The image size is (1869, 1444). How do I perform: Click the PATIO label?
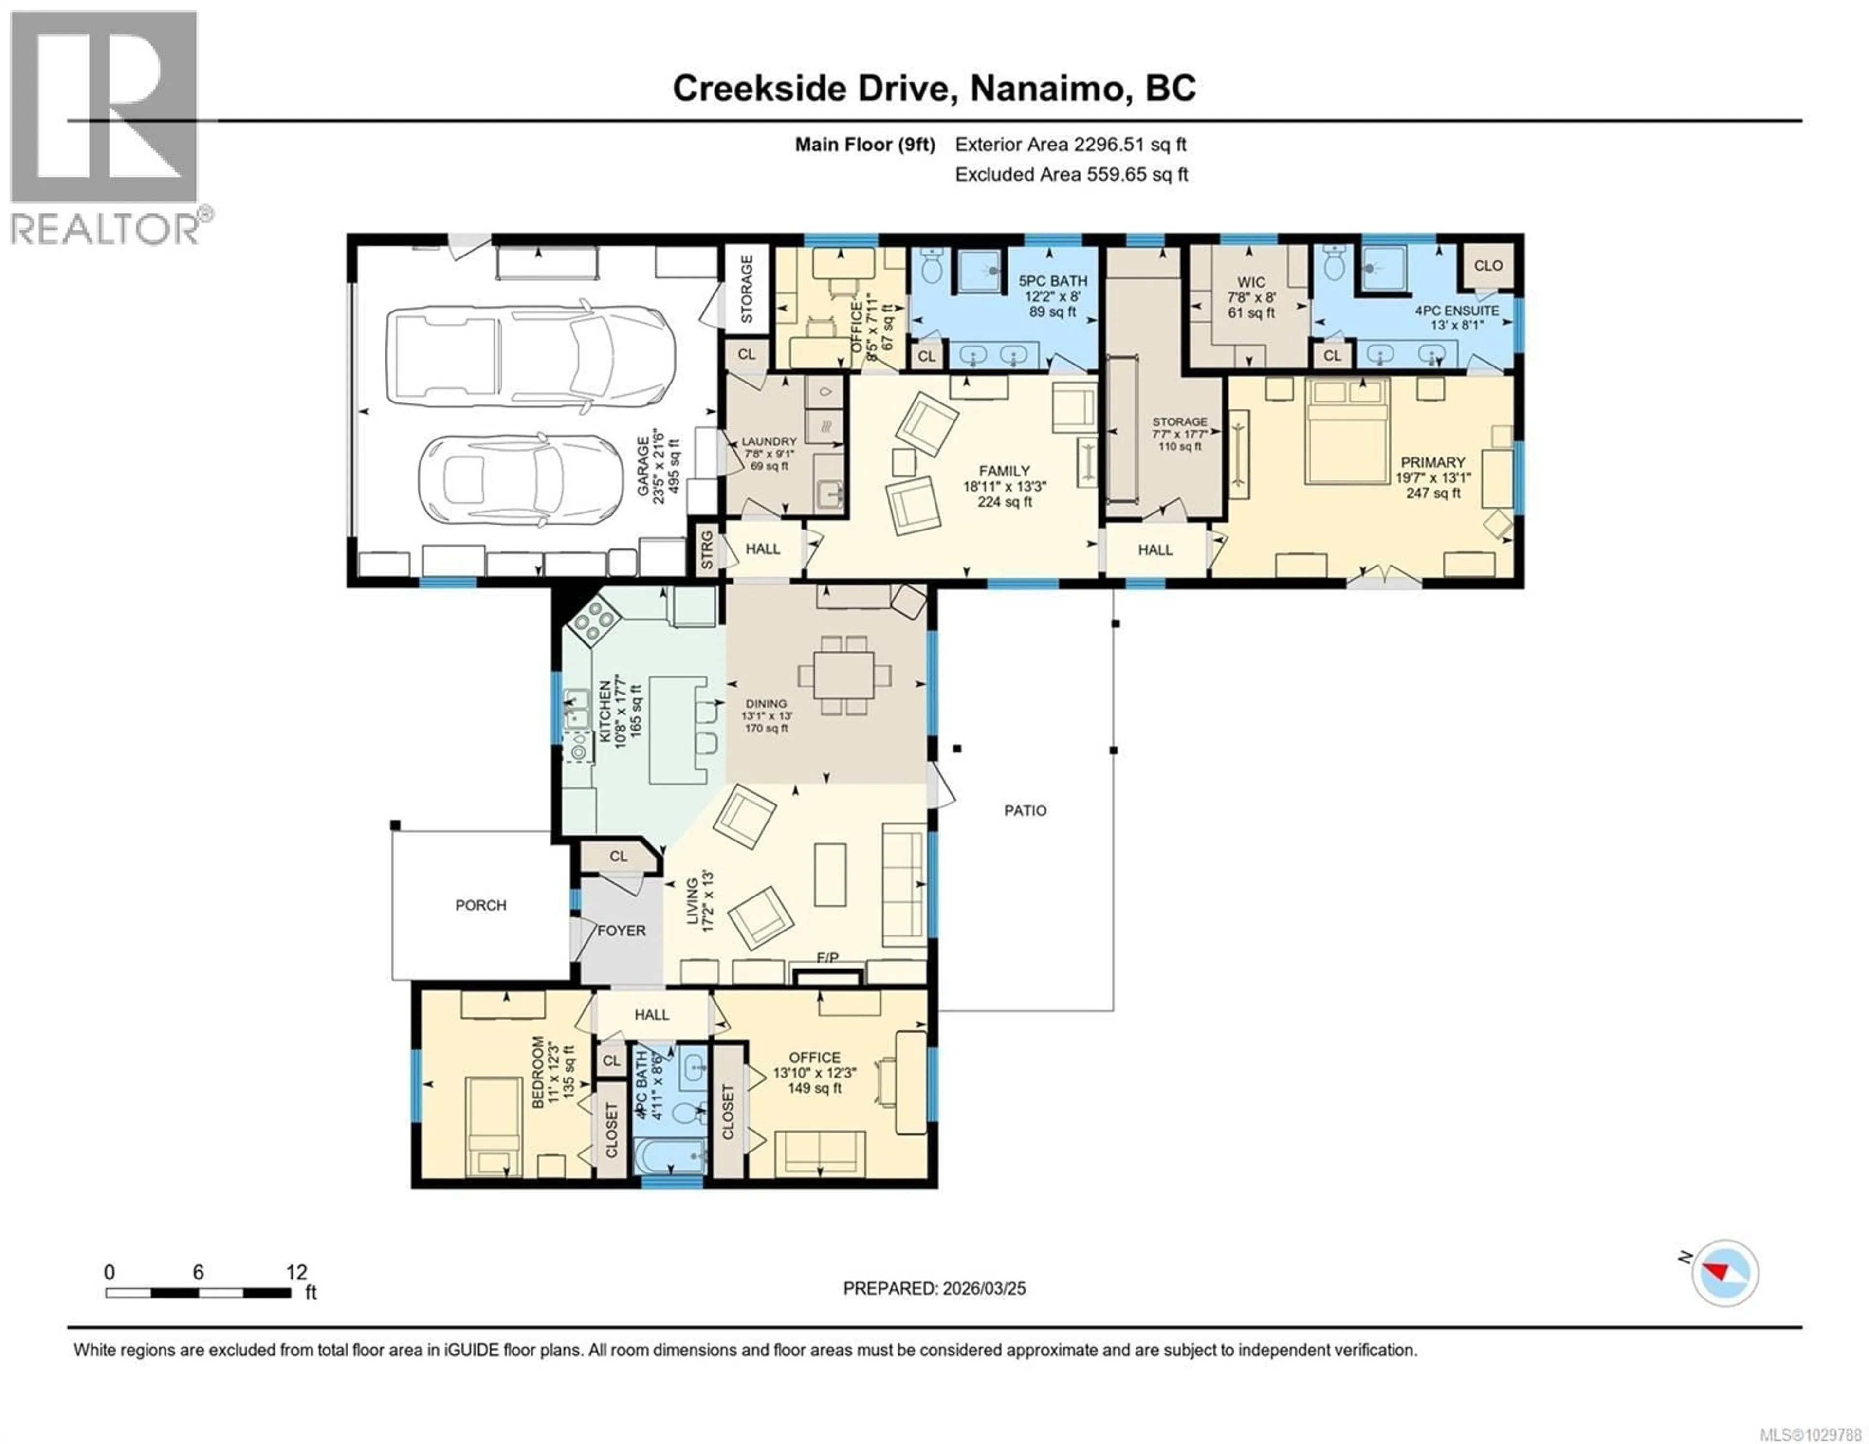click(x=1025, y=811)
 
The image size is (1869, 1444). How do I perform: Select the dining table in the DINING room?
click(x=844, y=676)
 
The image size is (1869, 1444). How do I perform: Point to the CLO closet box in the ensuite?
click(x=1488, y=265)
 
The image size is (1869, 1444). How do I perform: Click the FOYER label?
click(x=621, y=931)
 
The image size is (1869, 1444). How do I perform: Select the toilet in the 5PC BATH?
click(x=931, y=267)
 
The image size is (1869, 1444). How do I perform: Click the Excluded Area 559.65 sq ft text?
click(x=1071, y=175)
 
